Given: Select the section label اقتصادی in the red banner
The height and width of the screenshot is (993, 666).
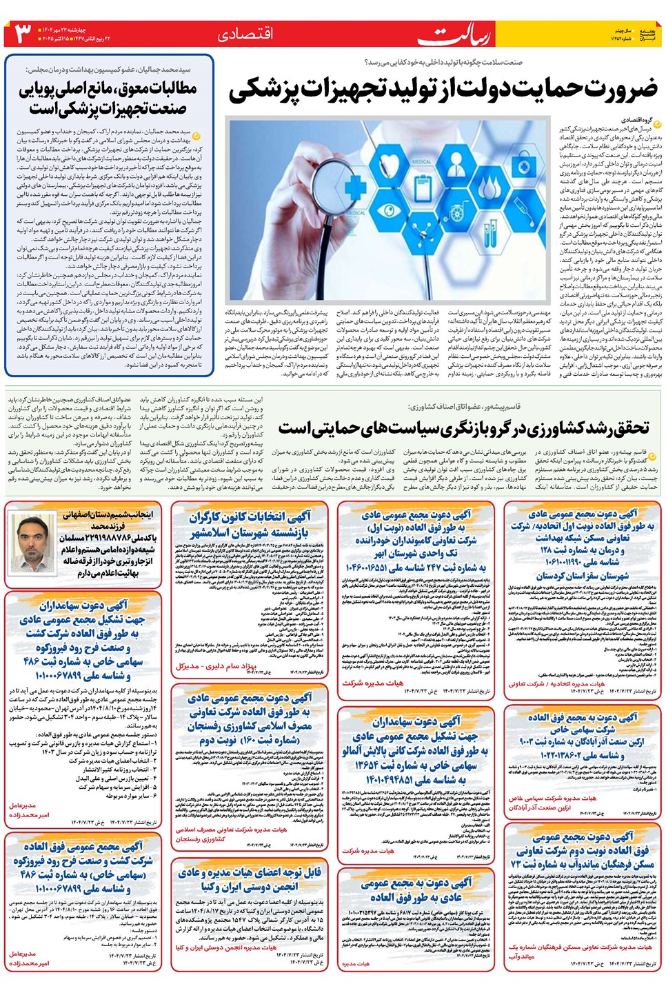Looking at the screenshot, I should (245, 34).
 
